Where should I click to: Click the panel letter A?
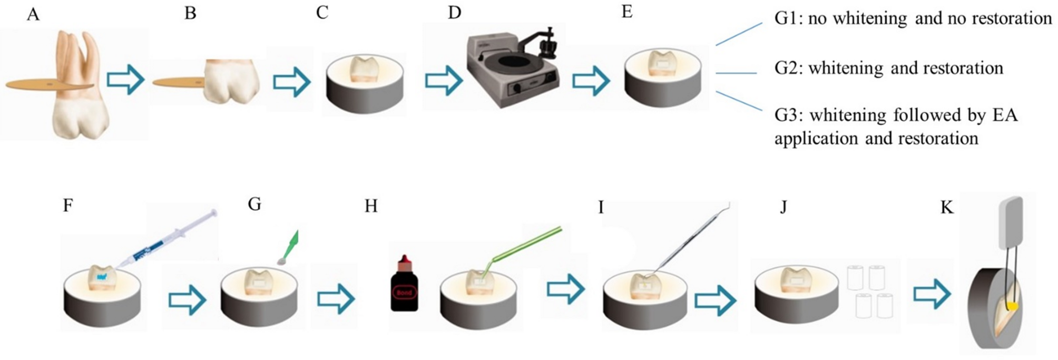point(33,14)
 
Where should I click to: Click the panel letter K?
point(946,208)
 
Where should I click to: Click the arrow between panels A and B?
point(125,80)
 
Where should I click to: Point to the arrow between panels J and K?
point(932,295)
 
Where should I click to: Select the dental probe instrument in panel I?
point(690,237)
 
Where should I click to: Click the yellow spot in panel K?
point(1013,306)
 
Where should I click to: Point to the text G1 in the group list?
point(787,18)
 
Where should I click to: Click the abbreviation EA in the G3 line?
point(1004,115)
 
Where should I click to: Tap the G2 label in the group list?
point(787,68)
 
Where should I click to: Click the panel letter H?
point(371,206)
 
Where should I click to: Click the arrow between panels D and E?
point(591,81)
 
